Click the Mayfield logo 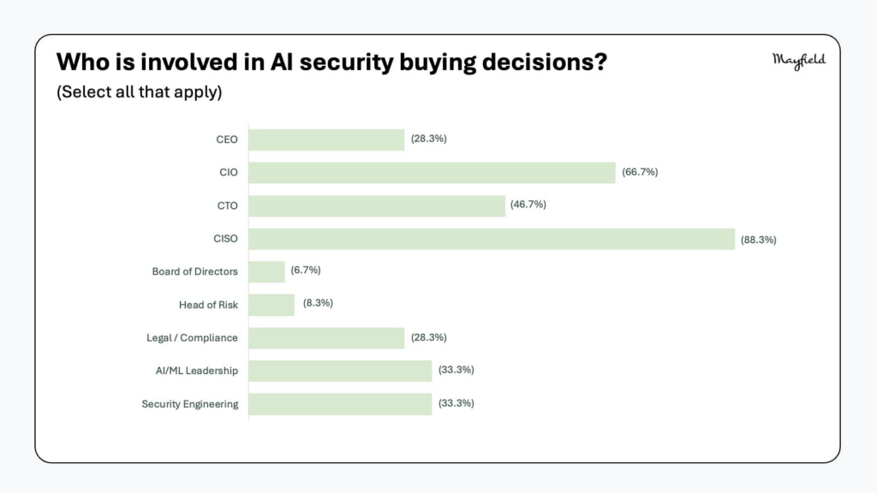pos(799,61)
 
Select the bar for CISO pos(492,240)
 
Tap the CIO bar pos(432,173)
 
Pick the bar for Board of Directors pos(267,272)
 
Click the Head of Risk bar pos(271,306)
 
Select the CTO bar pos(377,205)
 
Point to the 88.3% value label pos(759,240)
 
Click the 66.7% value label pos(640,172)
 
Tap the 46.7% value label pos(528,205)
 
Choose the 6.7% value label pos(306,270)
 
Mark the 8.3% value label pos(318,303)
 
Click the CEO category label pos(226,140)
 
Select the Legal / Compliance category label pos(192,337)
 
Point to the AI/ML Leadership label pos(196,371)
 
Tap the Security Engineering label pos(189,404)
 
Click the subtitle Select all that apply pos(140,92)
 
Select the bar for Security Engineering pos(340,404)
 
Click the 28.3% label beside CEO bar pos(428,139)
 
